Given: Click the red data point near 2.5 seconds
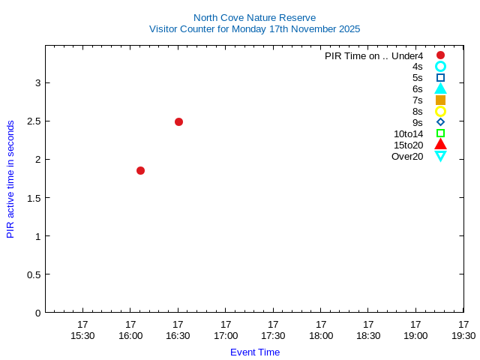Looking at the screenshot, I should click(x=178, y=121).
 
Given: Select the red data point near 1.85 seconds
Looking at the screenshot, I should click(x=140, y=170).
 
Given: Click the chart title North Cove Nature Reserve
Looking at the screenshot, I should click(x=254, y=17).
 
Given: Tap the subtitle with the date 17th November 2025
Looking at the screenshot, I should click(x=254, y=29).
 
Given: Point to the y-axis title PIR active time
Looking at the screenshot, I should click(x=10, y=178).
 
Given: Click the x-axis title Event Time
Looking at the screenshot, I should click(x=254, y=352).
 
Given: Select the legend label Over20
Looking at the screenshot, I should click(x=407, y=156).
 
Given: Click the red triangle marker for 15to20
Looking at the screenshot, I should click(x=440, y=145).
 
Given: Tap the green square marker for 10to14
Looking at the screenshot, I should click(x=440, y=133).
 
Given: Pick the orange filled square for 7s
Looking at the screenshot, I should click(x=440, y=100).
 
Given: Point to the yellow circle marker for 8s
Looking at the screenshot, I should click(x=440, y=111).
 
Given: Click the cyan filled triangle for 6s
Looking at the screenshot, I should click(x=440, y=88).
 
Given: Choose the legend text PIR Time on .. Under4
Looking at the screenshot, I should click(x=373, y=55).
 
